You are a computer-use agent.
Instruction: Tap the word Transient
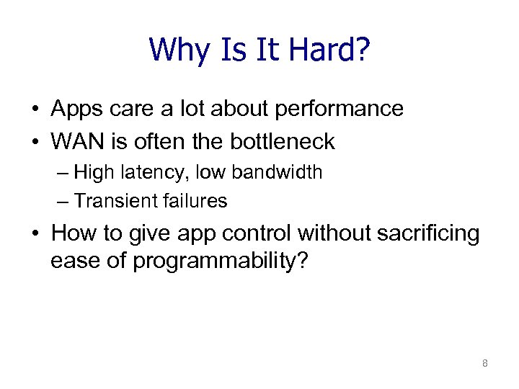[110, 202]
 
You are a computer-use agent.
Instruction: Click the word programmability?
[221, 261]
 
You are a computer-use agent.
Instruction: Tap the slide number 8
[484, 364]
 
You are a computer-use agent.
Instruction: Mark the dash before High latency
[64, 174]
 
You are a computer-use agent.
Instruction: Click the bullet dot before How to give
[35, 234]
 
